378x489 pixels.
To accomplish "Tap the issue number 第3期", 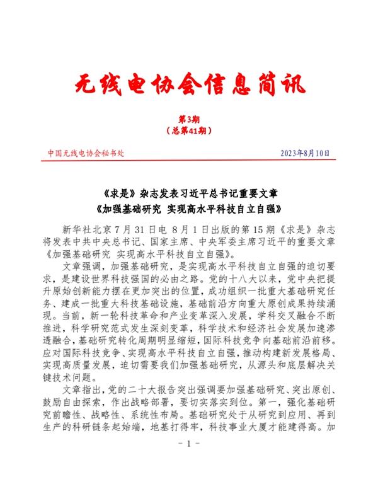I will tap(189, 120).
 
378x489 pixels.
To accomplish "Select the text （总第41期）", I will tap(189, 130).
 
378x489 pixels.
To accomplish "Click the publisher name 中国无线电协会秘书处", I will tap(86, 153).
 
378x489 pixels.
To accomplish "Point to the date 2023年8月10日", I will tap(304, 153).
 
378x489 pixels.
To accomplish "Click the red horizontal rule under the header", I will tap(189, 163).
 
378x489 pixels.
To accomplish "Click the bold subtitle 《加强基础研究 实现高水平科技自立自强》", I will tap(189, 207).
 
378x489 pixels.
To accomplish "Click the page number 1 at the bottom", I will tap(189, 462).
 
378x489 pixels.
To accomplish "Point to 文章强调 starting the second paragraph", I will tap(80, 267).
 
